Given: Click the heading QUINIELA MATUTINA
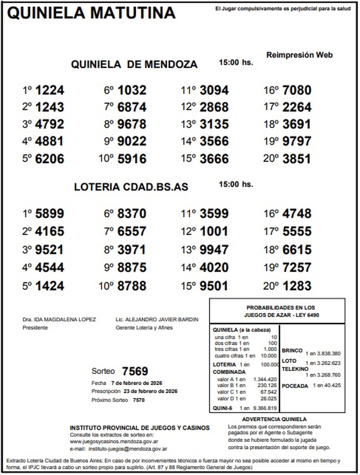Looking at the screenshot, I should [91, 13].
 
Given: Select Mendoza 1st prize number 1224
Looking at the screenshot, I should [49, 90].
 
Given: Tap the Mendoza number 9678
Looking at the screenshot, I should [132, 124].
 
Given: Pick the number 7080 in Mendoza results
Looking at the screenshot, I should [297, 90].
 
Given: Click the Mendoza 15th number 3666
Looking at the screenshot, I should [214, 159].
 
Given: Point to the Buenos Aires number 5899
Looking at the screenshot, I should [49, 214].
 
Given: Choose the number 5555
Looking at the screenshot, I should [297, 231].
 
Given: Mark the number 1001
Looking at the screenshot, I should [214, 231].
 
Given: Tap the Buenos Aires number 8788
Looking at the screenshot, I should [132, 286].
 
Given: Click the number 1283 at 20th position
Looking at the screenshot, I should [297, 286].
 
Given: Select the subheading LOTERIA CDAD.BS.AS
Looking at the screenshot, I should [131, 187].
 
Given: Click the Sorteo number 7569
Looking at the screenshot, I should [135, 371].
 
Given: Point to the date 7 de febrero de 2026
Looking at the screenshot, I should [136, 383].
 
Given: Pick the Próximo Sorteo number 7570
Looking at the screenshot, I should [139, 400].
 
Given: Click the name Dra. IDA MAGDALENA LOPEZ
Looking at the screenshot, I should [59, 320].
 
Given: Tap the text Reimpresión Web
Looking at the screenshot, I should [299, 55].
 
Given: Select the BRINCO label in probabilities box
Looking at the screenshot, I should [292, 351].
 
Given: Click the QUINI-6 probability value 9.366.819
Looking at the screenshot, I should [265, 408].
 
